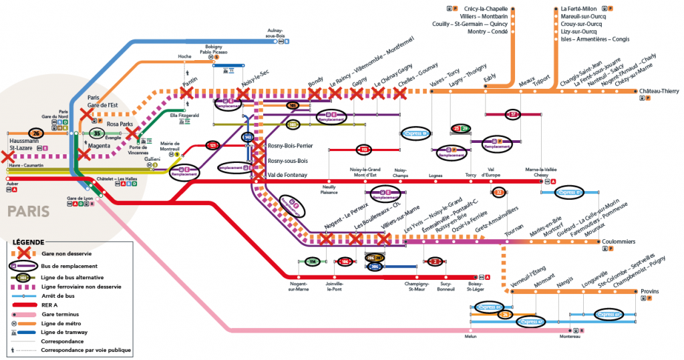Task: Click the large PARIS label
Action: tap(28, 211)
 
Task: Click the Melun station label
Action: tap(470, 337)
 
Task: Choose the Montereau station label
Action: tap(570, 337)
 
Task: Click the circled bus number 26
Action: tap(36, 133)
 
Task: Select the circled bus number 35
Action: tap(96, 133)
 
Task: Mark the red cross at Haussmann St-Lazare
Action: tap(7, 158)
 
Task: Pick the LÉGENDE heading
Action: tap(27, 241)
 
